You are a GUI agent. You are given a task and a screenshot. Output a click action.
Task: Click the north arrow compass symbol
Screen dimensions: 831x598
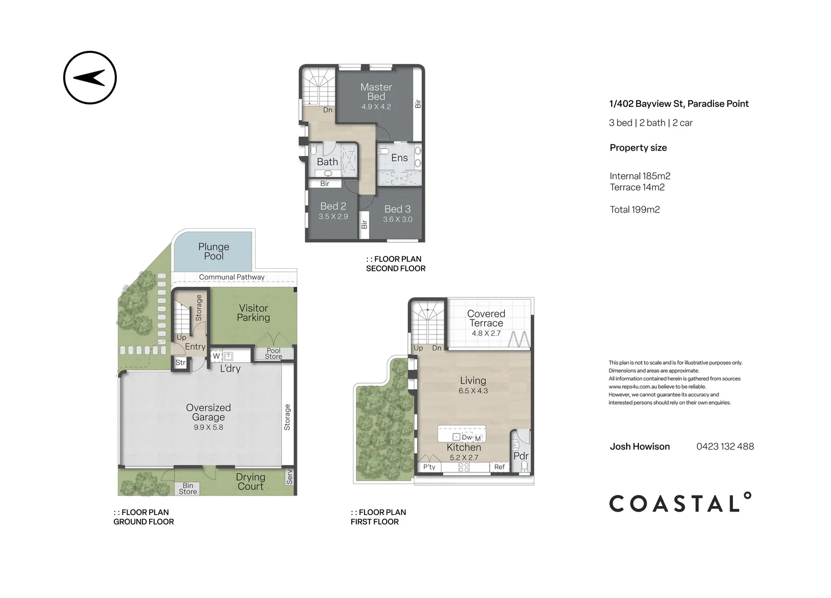[90, 78]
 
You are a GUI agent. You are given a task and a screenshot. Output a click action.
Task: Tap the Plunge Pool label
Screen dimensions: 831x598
[214, 251]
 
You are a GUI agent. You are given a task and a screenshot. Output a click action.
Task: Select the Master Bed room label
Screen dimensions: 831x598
[376, 91]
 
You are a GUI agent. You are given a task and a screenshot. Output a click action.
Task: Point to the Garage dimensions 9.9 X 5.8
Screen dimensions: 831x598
[208, 427]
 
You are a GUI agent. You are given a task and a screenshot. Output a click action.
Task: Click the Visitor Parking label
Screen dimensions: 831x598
[253, 313]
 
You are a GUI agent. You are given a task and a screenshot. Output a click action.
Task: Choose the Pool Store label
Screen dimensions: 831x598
[274, 353]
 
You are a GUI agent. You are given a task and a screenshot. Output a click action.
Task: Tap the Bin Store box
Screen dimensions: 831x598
[188, 488]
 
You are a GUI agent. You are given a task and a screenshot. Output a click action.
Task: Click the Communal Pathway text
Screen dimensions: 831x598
[232, 277]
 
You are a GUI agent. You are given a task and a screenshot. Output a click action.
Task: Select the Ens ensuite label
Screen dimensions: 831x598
[399, 158]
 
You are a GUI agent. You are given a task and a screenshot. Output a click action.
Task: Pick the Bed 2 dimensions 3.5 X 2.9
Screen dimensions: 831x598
[333, 216]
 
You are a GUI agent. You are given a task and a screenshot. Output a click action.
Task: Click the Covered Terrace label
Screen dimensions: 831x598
[486, 318]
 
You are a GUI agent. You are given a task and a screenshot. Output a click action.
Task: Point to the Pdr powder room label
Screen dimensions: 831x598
[521, 456]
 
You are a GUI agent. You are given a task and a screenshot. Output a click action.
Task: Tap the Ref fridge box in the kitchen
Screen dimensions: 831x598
[499, 467]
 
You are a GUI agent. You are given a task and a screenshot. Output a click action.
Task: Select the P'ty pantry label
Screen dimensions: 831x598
[429, 467]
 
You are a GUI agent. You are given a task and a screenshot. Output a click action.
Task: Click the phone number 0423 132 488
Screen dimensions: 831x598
[725, 446]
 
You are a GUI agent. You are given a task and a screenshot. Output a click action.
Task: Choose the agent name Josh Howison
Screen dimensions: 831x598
[640, 446]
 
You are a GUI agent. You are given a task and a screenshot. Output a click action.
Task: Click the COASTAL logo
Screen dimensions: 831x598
[680, 503]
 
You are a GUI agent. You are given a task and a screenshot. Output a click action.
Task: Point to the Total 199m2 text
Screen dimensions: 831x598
[635, 209]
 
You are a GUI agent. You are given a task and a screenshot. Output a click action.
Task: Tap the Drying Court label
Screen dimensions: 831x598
[251, 482]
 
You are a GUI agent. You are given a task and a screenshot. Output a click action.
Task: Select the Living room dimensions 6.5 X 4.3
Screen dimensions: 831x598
[473, 391]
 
